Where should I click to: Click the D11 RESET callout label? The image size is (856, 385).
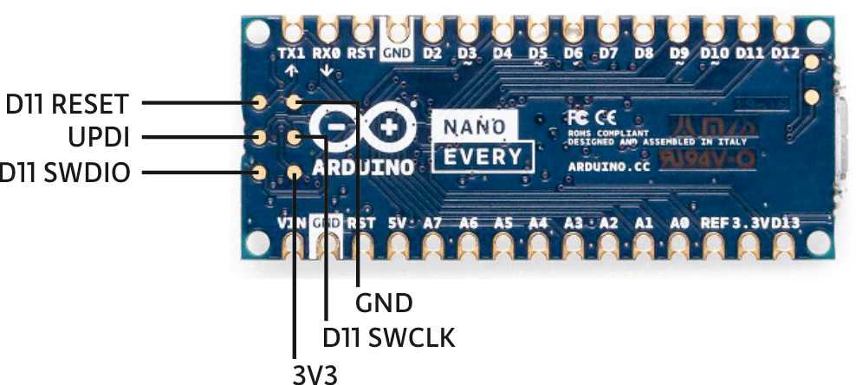(67, 104)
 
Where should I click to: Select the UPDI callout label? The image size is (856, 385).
(98, 138)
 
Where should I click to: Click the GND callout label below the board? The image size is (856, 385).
(383, 303)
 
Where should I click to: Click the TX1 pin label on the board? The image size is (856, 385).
(292, 53)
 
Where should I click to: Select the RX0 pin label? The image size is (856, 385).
(327, 53)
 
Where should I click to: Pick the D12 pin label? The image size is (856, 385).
(784, 54)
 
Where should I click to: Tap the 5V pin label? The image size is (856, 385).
(398, 223)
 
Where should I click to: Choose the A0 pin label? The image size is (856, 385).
(679, 223)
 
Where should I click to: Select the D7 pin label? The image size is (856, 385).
(608, 54)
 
